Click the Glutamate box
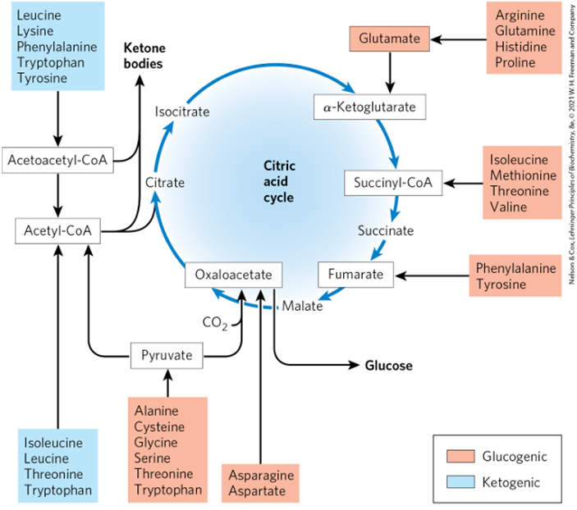pyautogui.click(x=390, y=38)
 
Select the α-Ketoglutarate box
pyautogui.click(x=369, y=107)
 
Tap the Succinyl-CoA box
pyautogui.click(x=393, y=183)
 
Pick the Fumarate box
pyautogui.click(x=356, y=274)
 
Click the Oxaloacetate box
pyautogui.click(x=233, y=274)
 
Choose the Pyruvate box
pyautogui.click(x=167, y=356)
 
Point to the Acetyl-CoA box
pyautogui.click(x=57, y=231)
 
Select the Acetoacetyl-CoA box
pyautogui.click(x=57, y=159)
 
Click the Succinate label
pyautogui.click(x=386, y=230)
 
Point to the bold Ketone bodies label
pyautogui.click(x=143, y=56)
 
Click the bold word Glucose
pyautogui.click(x=388, y=366)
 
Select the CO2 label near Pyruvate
pyautogui.click(x=214, y=322)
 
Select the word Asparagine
pyautogui.click(x=259, y=475)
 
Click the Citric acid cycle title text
pyautogui.click(x=279, y=181)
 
